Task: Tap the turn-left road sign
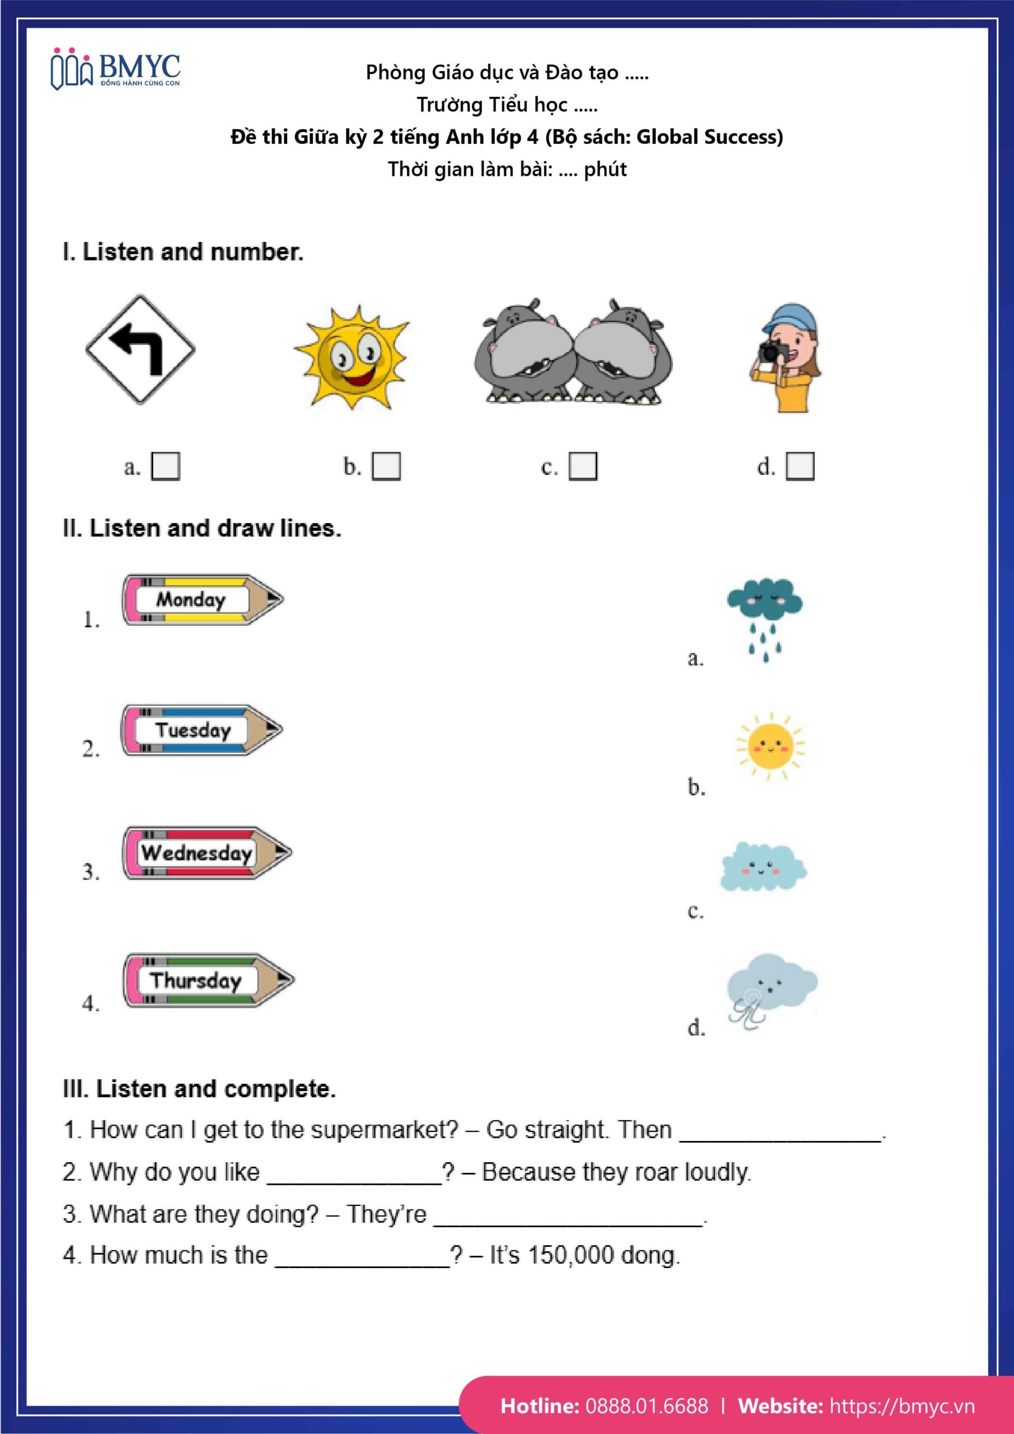140,350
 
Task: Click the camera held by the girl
774,352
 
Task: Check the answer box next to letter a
166,466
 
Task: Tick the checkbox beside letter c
582,466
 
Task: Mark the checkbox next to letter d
800,466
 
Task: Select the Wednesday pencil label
206,853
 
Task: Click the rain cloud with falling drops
765,618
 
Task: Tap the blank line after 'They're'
568,1216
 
